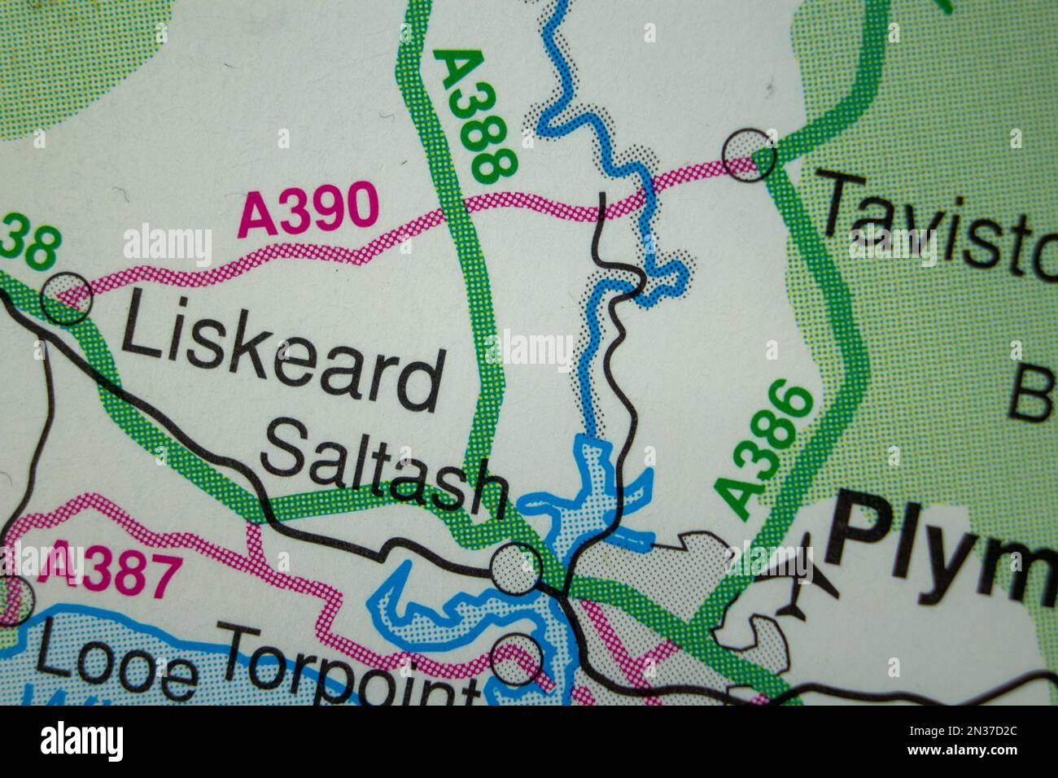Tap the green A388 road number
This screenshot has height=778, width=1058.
coord(475,114)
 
